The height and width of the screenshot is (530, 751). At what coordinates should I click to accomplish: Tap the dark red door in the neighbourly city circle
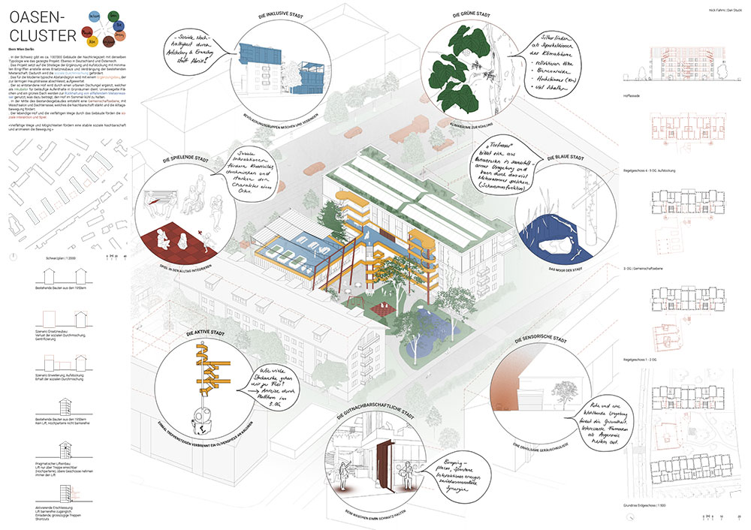coord(388,462)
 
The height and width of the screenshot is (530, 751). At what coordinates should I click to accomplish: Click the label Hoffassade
coord(641,96)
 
